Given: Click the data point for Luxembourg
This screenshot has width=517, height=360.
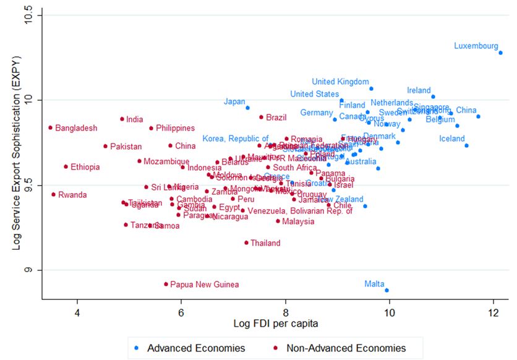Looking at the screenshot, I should point(500,53).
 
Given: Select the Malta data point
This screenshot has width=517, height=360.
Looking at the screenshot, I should point(387,290).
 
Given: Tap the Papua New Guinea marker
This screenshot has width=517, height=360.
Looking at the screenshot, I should point(166,284).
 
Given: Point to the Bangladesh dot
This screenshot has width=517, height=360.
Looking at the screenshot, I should point(50,127).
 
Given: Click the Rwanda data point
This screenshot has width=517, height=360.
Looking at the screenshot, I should point(53,194).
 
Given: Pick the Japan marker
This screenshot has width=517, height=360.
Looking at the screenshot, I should point(248,108).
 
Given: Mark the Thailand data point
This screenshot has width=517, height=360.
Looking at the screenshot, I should point(246,242).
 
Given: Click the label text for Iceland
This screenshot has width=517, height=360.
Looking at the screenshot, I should point(451,139).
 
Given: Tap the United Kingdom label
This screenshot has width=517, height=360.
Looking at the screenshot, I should point(340,82).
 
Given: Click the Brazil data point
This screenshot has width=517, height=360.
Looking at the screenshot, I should point(261,117).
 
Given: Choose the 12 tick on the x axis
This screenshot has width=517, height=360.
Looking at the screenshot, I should point(493,312).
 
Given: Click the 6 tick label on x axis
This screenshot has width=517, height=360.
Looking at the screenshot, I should point(181,312).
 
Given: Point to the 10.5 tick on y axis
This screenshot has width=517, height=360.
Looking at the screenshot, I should point(29,15).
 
